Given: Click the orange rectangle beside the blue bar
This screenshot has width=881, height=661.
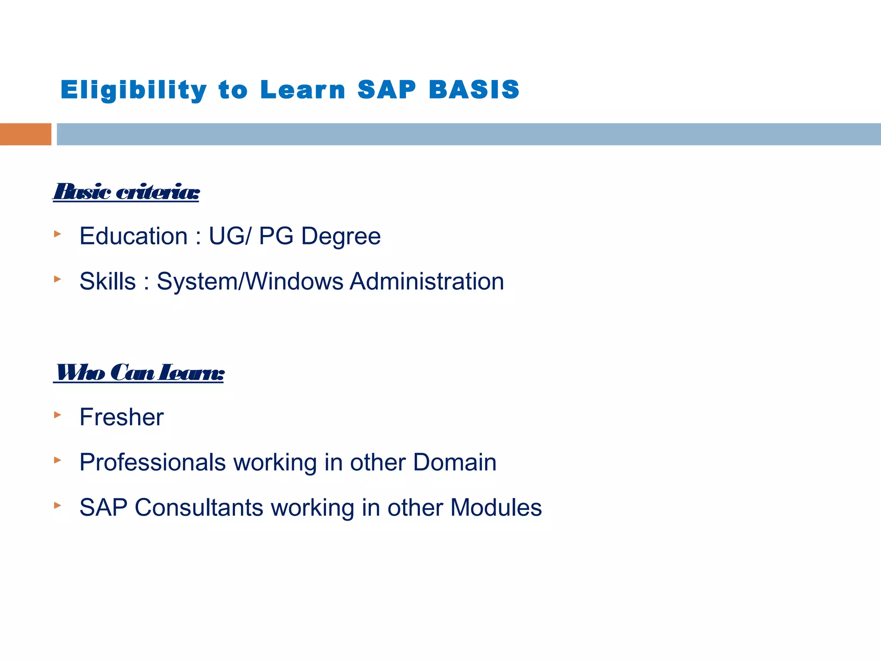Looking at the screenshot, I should [25, 134].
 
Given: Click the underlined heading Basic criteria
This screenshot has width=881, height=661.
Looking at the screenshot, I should [126, 192].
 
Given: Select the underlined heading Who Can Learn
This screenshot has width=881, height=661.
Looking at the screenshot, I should [139, 373].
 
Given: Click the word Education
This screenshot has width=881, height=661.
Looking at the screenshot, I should [133, 236].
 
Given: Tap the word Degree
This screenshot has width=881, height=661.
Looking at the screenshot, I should [341, 236].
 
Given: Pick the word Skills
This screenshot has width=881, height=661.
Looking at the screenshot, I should [108, 281].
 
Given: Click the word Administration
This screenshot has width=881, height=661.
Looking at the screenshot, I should [426, 281].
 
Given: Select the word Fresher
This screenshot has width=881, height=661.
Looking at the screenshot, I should [122, 417].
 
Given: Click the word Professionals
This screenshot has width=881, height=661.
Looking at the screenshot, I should [153, 462].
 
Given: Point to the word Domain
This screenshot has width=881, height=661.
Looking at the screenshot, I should [455, 462].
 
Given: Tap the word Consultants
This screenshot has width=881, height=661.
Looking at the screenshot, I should [199, 507].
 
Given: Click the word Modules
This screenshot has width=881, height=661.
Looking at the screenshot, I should [496, 507].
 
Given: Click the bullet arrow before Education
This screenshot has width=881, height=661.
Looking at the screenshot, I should [58, 234].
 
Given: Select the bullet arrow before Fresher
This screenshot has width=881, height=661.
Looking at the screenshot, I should [58, 415].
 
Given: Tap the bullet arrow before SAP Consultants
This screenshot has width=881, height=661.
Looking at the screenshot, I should [58, 505].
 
